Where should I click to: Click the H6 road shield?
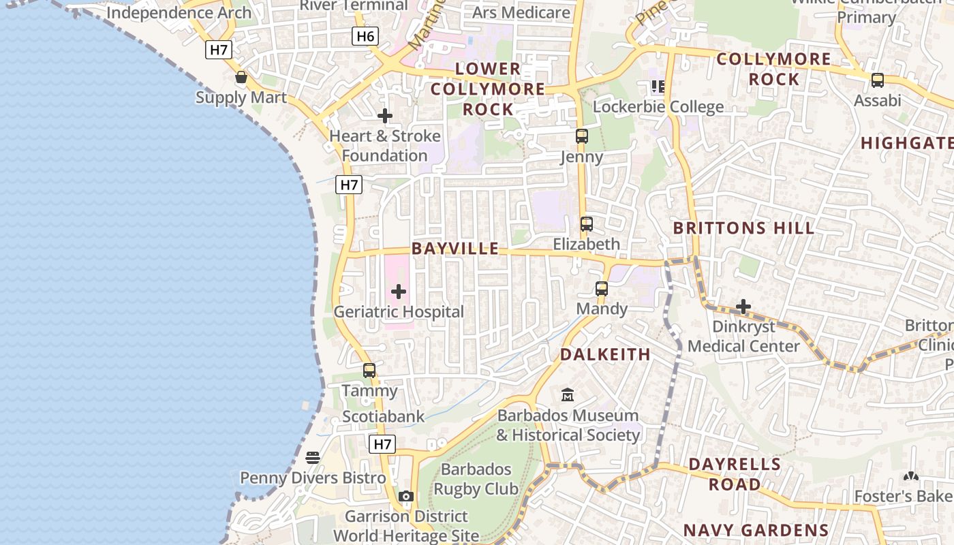(365, 36)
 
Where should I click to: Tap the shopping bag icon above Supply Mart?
(241, 77)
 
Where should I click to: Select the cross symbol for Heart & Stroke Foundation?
(385, 116)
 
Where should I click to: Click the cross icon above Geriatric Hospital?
(399, 292)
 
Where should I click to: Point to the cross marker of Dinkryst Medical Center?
(743, 307)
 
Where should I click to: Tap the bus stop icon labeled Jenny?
(581, 136)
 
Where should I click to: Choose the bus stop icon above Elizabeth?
(586, 223)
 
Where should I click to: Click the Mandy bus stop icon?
(601, 289)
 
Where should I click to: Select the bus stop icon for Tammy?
(369, 371)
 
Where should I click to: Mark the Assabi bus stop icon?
(878, 80)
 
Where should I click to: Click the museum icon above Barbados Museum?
(567, 394)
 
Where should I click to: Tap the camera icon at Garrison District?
(406, 496)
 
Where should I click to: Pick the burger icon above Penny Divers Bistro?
(313, 458)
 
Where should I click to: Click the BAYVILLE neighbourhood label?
(455, 249)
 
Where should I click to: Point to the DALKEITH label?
(605, 354)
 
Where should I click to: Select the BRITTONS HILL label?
(743, 228)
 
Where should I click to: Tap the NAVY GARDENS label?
(756, 530)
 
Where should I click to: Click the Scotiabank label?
(383, 416)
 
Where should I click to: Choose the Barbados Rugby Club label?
(476, 479)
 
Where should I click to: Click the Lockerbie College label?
(658, 107)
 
